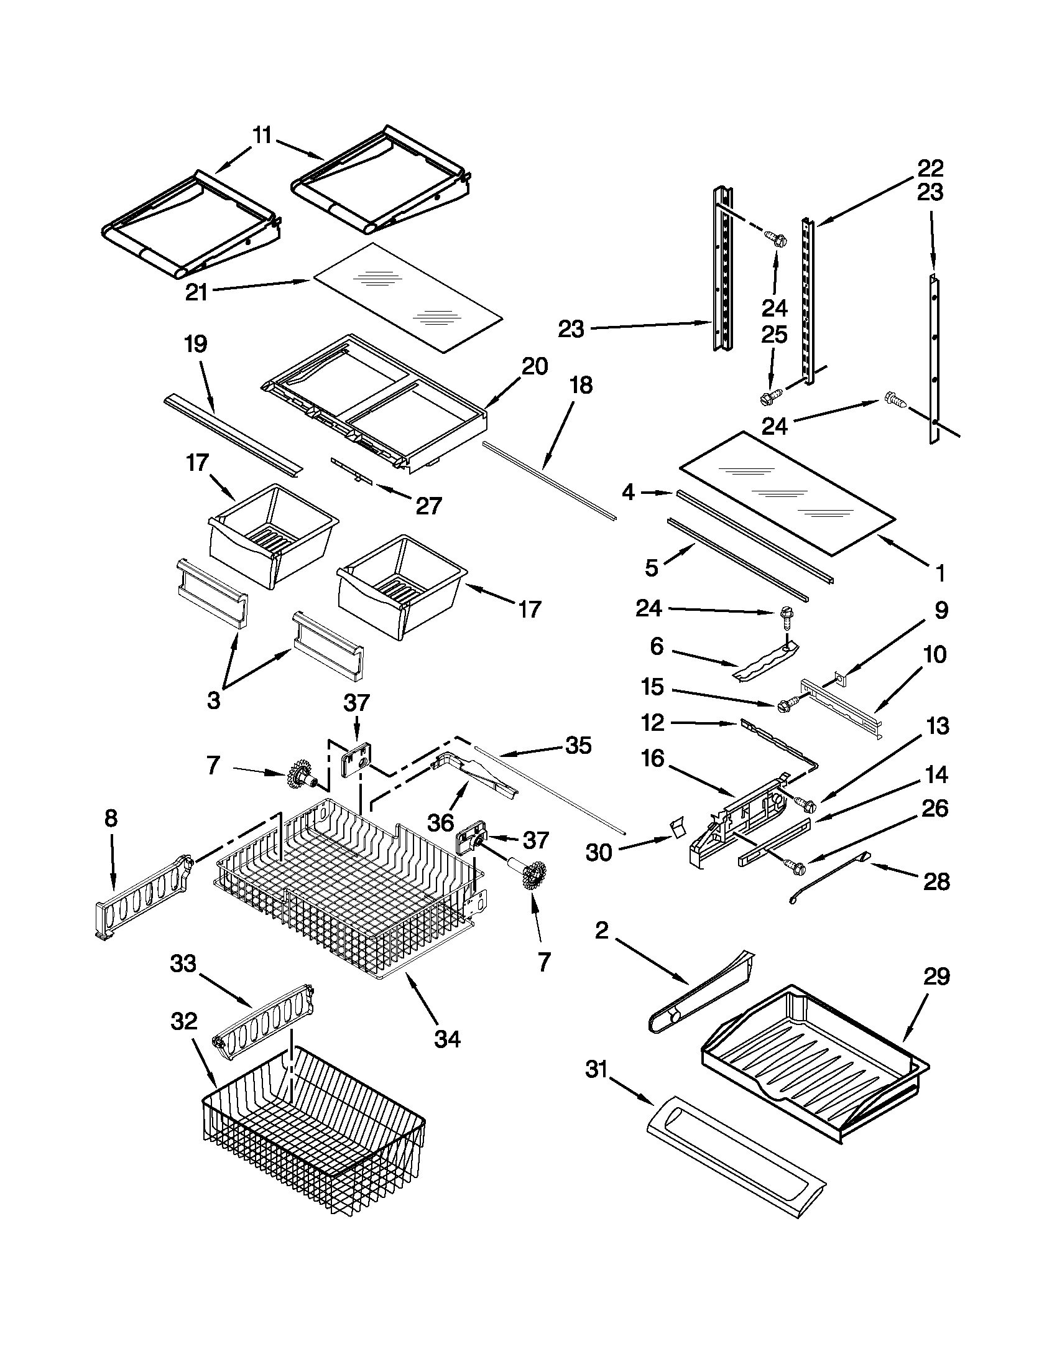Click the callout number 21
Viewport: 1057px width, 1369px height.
[x=196, y=292]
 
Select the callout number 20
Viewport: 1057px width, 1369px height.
[x=535, y=366]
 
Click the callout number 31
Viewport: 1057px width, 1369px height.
[x=596, y=1069]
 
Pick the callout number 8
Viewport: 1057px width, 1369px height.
[x=111, y=818]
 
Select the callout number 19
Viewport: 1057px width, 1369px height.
[x=195, y=344]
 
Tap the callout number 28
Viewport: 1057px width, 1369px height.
[x=936, y=881]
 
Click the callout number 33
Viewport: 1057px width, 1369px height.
[x=183, y=963]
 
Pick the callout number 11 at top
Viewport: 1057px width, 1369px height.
[x=262, y=136]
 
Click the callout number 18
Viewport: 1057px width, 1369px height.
[x=581, y=385]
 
